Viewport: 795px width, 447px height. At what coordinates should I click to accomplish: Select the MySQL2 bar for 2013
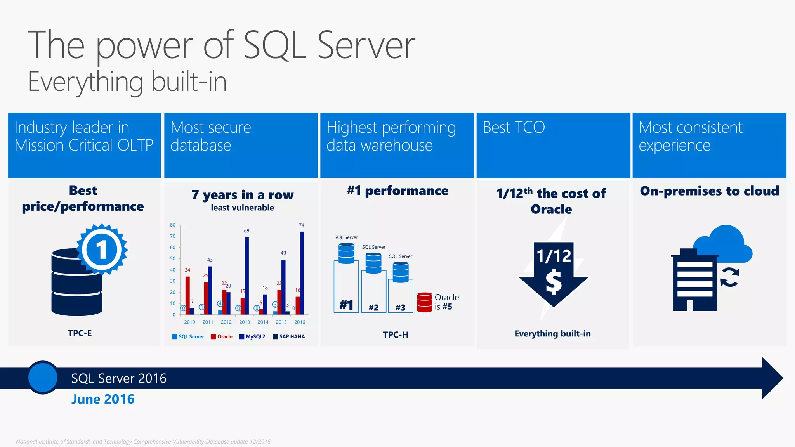(x=246, y=275)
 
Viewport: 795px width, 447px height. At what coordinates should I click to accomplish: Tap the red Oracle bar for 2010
(x=187, y=295)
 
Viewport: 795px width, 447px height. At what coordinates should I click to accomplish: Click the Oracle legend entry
(x=222, y=336)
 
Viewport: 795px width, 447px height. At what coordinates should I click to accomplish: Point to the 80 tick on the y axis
(x=173, y=225)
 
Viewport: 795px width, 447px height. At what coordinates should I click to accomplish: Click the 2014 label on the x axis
(x=263, y=322)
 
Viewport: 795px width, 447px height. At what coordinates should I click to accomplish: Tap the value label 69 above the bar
(x=246, y=231)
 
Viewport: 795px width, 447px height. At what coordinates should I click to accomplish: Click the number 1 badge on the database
(x=102, y=249)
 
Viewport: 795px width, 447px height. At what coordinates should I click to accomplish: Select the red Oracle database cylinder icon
(x=424, y=302)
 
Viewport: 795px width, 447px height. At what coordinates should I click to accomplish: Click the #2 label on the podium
(x=373, y=308)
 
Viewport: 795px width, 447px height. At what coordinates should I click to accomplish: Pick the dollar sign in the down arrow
(x=554, y=282)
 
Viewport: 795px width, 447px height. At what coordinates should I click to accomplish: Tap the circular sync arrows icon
(x=730, y=278)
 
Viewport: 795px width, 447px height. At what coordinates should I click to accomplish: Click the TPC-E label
(x=80, y=333)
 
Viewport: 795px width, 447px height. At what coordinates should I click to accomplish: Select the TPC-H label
(x=396, y=334)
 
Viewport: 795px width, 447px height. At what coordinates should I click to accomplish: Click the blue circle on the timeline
(x=43, y=378)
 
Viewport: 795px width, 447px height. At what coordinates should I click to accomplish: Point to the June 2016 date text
(x=103, y=399)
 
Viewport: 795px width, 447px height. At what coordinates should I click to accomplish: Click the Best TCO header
(x=514, y=127)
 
